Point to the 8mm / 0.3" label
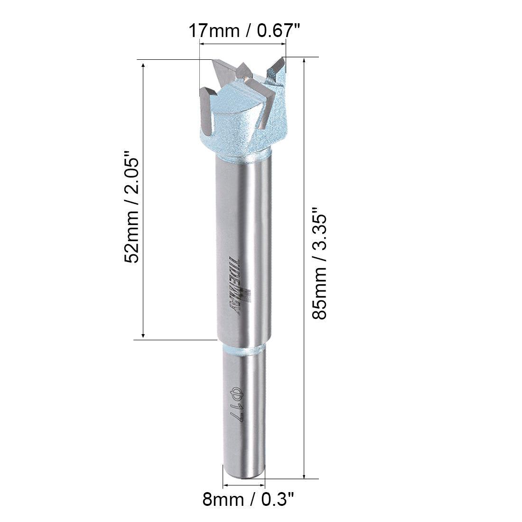[x=248, y=500]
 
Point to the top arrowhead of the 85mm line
[x=304, y=60]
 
